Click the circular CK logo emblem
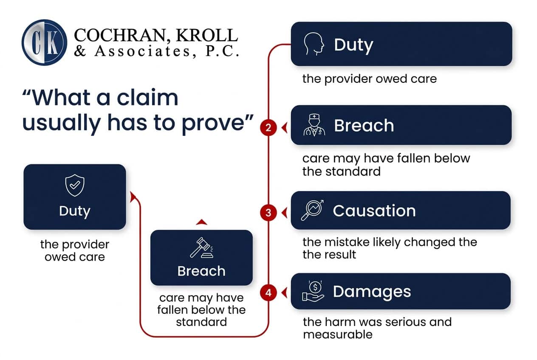point(44,42)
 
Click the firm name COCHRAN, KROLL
point(155,35)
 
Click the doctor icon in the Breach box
point(315,125)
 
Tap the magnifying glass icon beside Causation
point(312,210)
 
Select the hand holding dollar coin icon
point(313,291)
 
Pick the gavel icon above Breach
point(201,248)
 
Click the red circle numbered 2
point(268,127)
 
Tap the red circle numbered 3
point(268,212)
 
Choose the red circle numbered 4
point(268,292)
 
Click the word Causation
point(374,211)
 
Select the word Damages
point(372,291)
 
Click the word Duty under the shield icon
point(75,211)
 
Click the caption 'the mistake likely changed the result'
point(389,248)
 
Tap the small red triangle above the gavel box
point(201,222)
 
